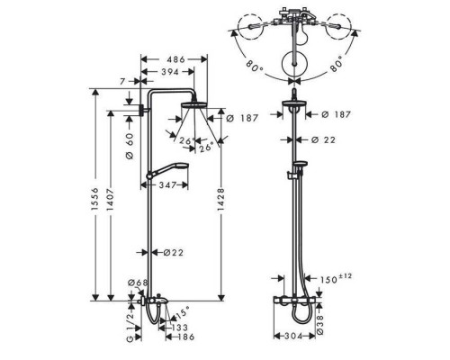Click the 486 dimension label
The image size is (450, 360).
(175, 59)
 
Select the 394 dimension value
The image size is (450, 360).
(170, 72)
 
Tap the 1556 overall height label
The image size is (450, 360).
(95, 199)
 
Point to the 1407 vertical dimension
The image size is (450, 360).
(111, 200)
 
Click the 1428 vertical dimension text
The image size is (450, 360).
(221, 200)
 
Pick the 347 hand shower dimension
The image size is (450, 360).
(167, 185)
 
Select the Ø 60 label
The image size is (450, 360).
(130, 146)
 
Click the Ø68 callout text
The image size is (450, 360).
(138, 283)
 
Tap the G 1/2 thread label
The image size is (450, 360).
(130, 326)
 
